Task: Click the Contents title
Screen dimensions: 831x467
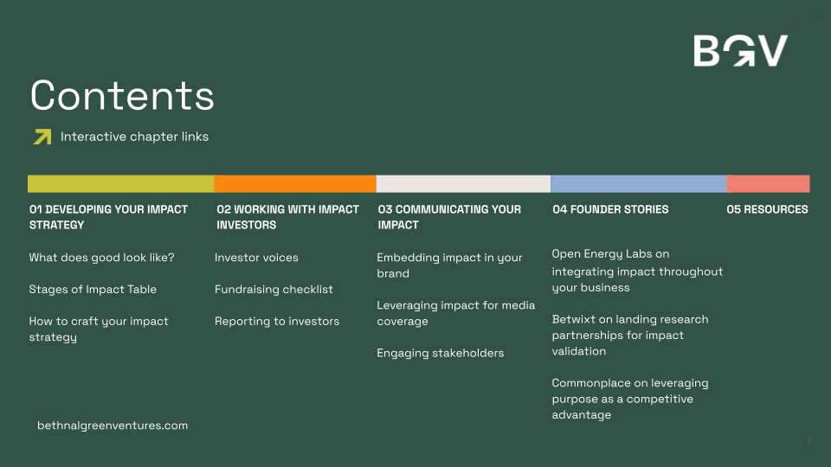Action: (122, 95)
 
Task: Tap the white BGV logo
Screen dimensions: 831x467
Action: (741, 51)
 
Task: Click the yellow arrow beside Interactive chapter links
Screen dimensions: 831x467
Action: (42, 137)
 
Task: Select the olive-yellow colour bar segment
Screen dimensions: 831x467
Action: (121, 183)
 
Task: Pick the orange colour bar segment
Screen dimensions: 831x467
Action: (295, 183)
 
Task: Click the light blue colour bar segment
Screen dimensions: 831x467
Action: (639, 183)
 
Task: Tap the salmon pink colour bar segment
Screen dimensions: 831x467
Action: (769, 183)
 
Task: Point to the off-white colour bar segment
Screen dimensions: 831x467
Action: (463, 183)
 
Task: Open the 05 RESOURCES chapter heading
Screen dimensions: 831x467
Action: (768, 209)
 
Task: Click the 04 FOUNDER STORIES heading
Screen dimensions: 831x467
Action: (610, 209)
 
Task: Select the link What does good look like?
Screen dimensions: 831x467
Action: (102, 258)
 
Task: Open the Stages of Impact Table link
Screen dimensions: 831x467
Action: (93, 290)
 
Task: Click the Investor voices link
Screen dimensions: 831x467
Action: (256, 258)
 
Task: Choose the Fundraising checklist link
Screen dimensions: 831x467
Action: (274, 290)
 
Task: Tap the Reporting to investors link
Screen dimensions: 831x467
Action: (277, 322)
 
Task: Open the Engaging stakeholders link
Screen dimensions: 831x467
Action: (441, 353)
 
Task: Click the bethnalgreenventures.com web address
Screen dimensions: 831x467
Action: (113, 425)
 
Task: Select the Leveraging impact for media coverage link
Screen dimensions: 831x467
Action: (456, 313)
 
